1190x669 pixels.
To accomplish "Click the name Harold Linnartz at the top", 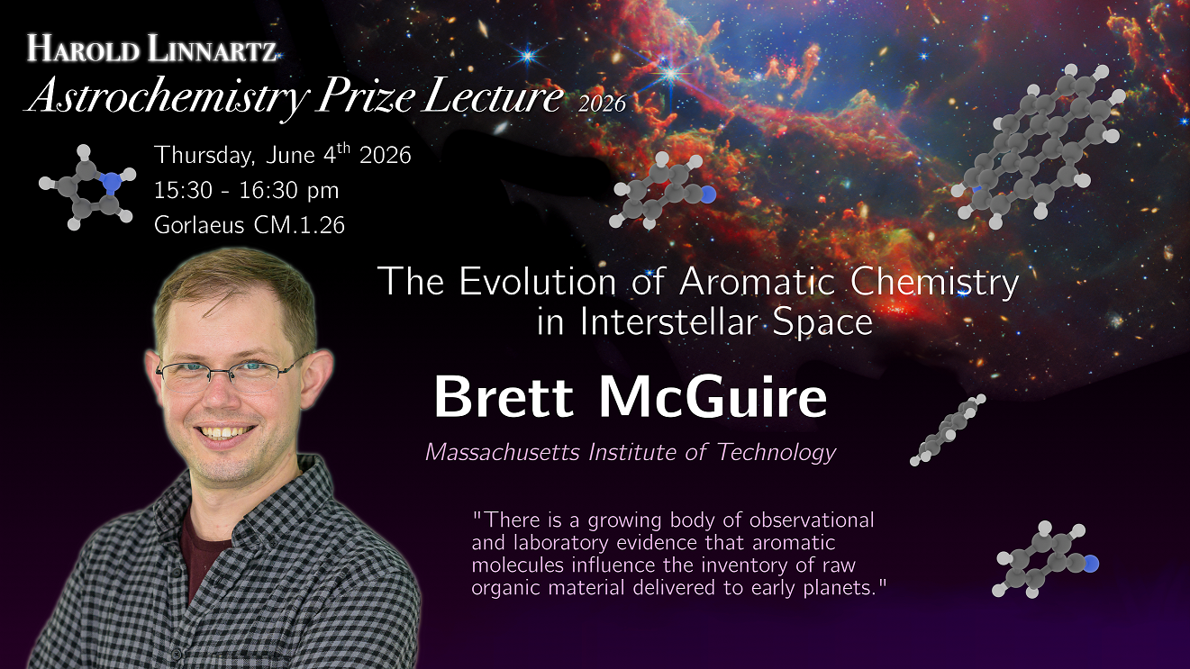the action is coord(152,49).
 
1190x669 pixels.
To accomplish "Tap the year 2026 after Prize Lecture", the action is coord(602,104).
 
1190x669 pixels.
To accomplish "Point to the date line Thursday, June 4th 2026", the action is coord(283,155).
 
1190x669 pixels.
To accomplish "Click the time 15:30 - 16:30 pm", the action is coord(246,190).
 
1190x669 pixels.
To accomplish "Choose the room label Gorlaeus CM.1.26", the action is coord(250,225).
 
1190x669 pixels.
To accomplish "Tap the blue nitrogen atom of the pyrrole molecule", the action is coord(111,182).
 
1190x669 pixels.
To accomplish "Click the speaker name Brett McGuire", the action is coord(631,398).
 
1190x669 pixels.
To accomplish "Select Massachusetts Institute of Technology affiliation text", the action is coord(631,452).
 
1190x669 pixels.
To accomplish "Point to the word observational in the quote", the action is coord(812,520).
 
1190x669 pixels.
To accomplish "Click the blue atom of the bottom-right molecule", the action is coord(1090,564).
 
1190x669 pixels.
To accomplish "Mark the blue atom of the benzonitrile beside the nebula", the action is coord(708,194).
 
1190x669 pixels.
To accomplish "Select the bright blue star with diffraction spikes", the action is coord(671,73).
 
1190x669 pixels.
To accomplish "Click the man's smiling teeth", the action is coord(226,432).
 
